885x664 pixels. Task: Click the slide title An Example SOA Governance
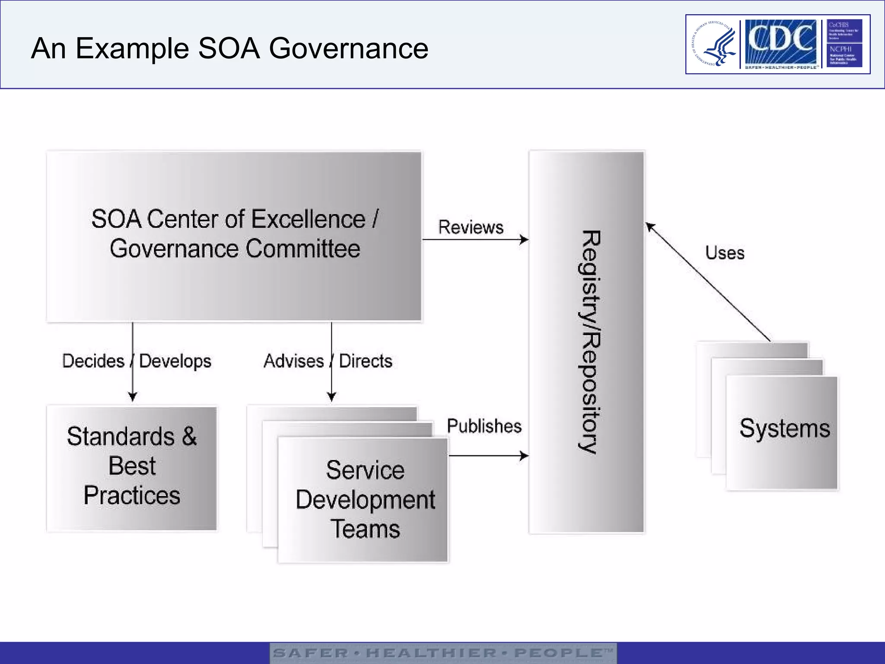(229, 48)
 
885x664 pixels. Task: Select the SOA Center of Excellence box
(234, 236)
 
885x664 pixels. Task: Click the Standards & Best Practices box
(132, 468)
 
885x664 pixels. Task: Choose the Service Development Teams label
(365, 499)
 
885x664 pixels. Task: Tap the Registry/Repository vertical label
(589, 342)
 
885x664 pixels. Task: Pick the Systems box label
(784, 428)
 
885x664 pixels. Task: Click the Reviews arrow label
(471, 227)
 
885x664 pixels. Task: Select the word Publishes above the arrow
(484, 426)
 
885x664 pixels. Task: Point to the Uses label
(725, 253)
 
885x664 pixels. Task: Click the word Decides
(93, 361)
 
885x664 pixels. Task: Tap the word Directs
(366, 361)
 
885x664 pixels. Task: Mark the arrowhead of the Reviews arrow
(524, 239)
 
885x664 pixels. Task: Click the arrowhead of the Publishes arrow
(524, 456)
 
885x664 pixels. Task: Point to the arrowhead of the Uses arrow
(650, 227)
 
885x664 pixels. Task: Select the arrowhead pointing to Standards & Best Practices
(133, 396)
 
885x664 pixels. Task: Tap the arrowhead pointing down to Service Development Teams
(331, 396)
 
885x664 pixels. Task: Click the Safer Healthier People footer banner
(443, 653)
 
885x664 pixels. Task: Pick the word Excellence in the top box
(308, 219)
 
